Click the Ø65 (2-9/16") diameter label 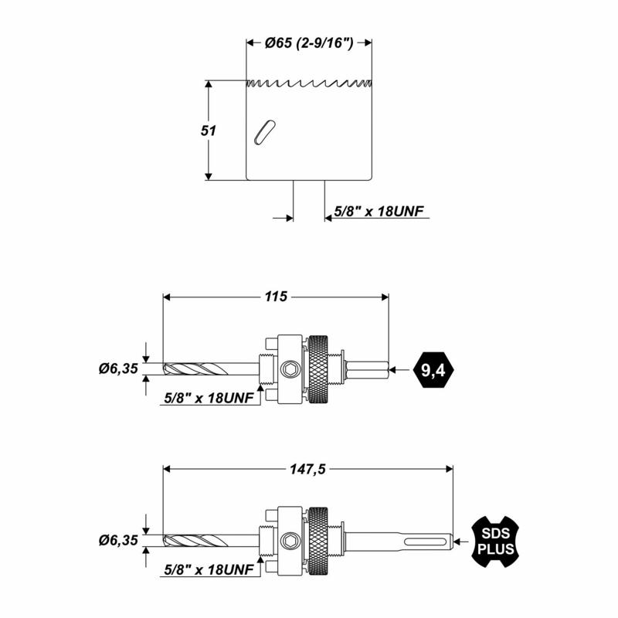pos(309,44)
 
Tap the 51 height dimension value pos(208,131)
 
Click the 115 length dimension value pos(275,296)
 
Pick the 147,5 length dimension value pos(307,468)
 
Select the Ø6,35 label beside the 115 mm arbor pos(118,369)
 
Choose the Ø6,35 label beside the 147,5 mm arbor pos(118,541)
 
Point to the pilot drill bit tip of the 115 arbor pos(168,369)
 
